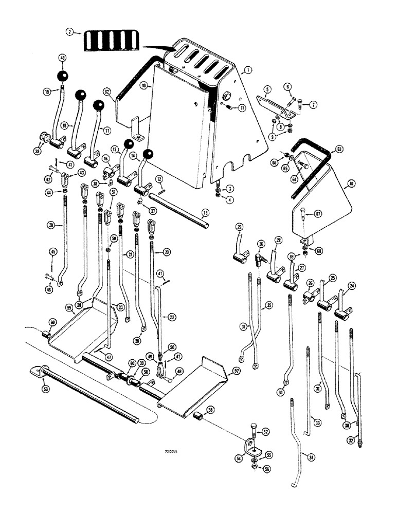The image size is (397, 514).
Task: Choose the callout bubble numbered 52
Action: pyautogui.click(x=265, y=432)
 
